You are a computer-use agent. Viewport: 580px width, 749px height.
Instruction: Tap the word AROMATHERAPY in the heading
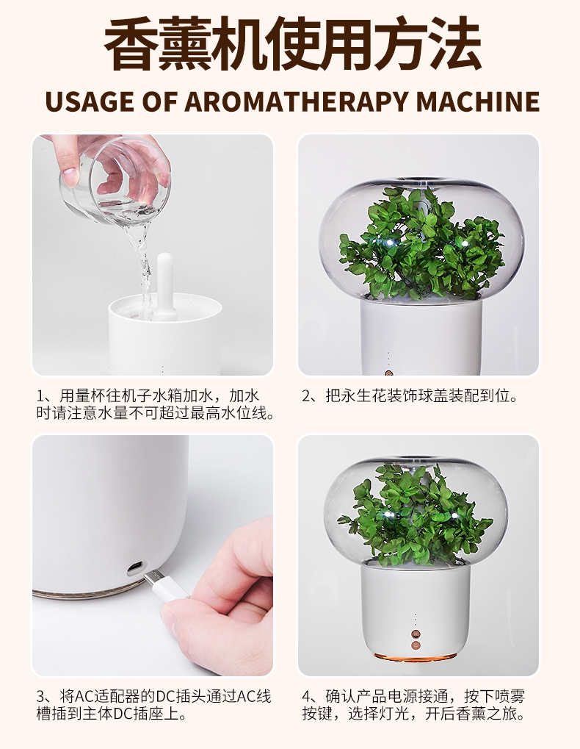(x=297, y=101)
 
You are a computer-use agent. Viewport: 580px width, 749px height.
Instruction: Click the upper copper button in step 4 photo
(x=416, y=635)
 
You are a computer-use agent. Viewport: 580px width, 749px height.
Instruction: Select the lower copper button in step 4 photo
(x=416, y=646)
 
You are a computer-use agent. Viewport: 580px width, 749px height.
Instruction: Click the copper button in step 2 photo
(x=388, y=370)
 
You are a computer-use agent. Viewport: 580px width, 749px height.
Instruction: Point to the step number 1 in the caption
(x=40, y=396)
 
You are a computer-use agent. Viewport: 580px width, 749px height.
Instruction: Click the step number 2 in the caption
(x=307, y=396)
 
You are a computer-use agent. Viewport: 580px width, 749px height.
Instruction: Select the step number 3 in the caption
(x=40, y=697)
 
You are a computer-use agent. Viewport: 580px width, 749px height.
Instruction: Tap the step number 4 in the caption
(x=307, y=697)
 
